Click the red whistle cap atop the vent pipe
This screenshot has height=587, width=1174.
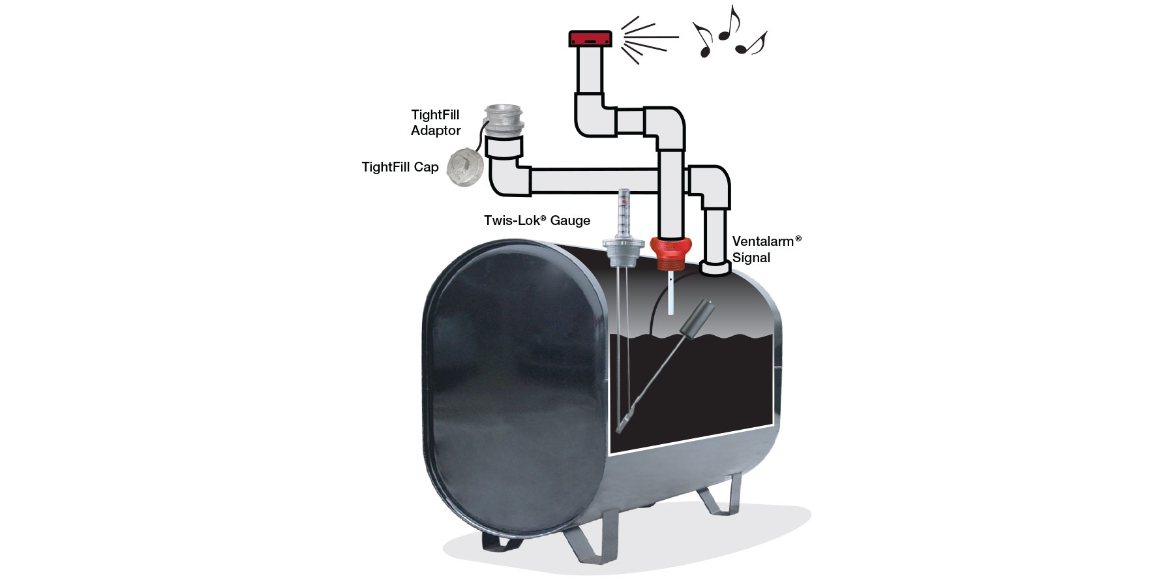point(590,38)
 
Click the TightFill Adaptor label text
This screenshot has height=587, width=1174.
point(436,123)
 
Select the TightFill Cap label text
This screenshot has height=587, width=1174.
point(400,167)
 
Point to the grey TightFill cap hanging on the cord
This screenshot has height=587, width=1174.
point(463,164)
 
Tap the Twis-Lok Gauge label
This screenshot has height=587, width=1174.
point(537,220)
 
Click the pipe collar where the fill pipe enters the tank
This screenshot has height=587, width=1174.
point(715,268)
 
